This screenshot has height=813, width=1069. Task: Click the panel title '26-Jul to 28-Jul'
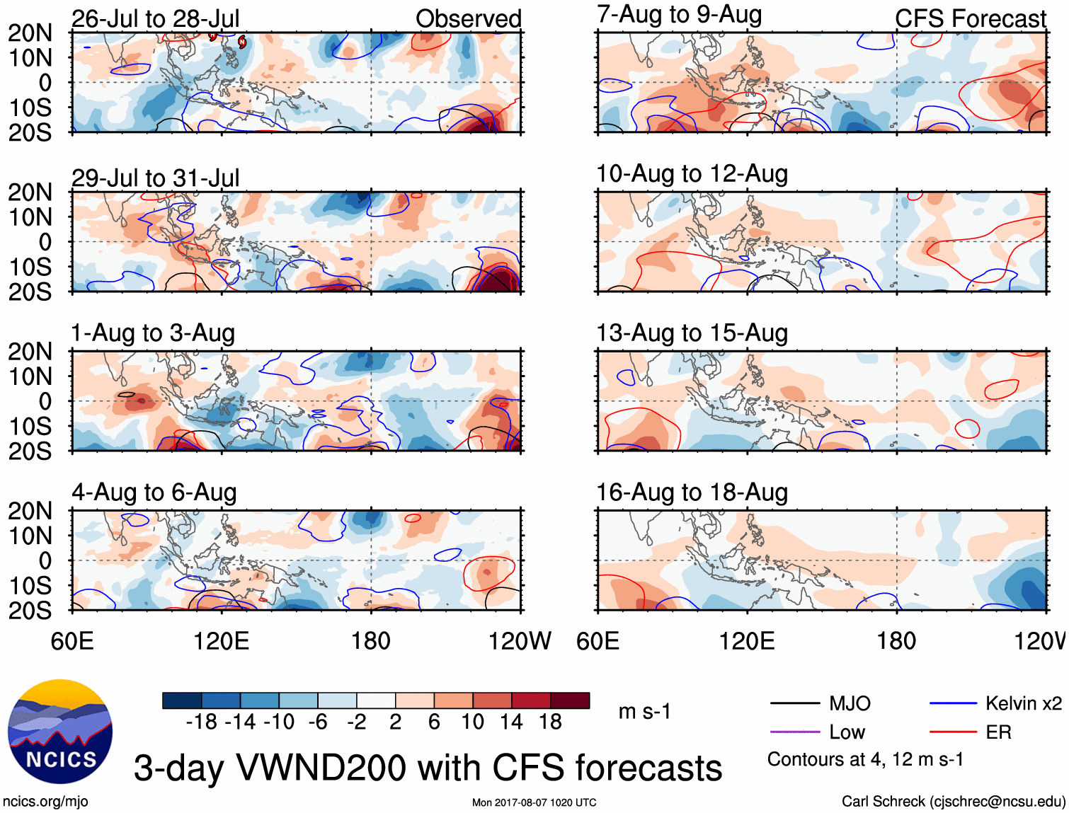tap(155, 18)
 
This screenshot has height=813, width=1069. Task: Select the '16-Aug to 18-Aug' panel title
tap(692, 492)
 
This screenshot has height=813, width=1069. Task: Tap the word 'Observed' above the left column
tap(468, 18)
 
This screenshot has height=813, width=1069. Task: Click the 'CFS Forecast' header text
tap(970, 18)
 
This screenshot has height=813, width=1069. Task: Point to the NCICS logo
tap(59, 731)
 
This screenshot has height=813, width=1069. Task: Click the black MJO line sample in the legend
tap(794, 703)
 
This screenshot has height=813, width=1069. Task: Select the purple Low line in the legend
tap(794, 732)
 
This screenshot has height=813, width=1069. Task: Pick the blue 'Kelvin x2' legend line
tap(953, 703)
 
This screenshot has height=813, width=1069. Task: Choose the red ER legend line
tap(953, 732)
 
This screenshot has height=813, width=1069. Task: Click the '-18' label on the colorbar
tap(201, 722)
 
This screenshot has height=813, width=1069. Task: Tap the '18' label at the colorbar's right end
tap(550, 722)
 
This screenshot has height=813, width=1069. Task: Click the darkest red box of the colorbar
tap(570, 700)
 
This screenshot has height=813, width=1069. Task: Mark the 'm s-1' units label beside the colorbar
tap(644, 711)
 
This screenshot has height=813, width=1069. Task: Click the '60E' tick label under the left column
tap(72, 641)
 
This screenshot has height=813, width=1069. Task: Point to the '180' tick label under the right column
tap(896, 641)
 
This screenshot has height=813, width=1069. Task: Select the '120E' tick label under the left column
tap(222, 641)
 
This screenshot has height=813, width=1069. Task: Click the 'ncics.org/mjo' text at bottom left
tap(45, 802)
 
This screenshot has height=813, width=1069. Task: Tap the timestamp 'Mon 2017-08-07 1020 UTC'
tap(534, 802)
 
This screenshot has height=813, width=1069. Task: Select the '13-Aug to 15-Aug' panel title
tap(692, 333)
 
